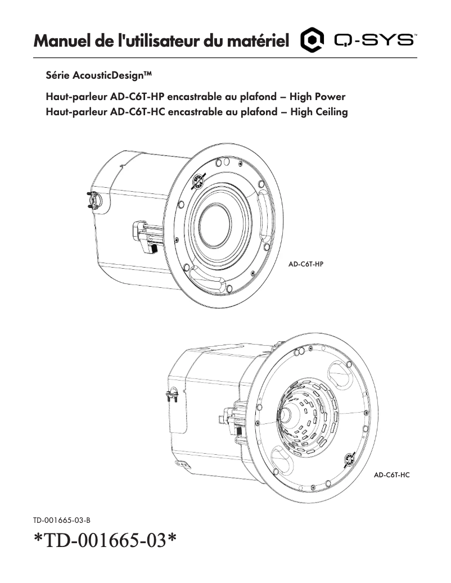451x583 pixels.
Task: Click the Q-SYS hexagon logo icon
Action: (x=313, y=40)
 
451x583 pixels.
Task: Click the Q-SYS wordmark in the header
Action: (x=375, y=40)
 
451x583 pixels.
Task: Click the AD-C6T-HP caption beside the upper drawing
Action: (x=306, y=263)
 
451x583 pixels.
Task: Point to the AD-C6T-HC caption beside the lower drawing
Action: (x=392, y=475)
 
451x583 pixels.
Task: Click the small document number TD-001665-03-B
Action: (x=61, y=521)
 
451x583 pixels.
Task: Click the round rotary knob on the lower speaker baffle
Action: (x=349, y=459)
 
